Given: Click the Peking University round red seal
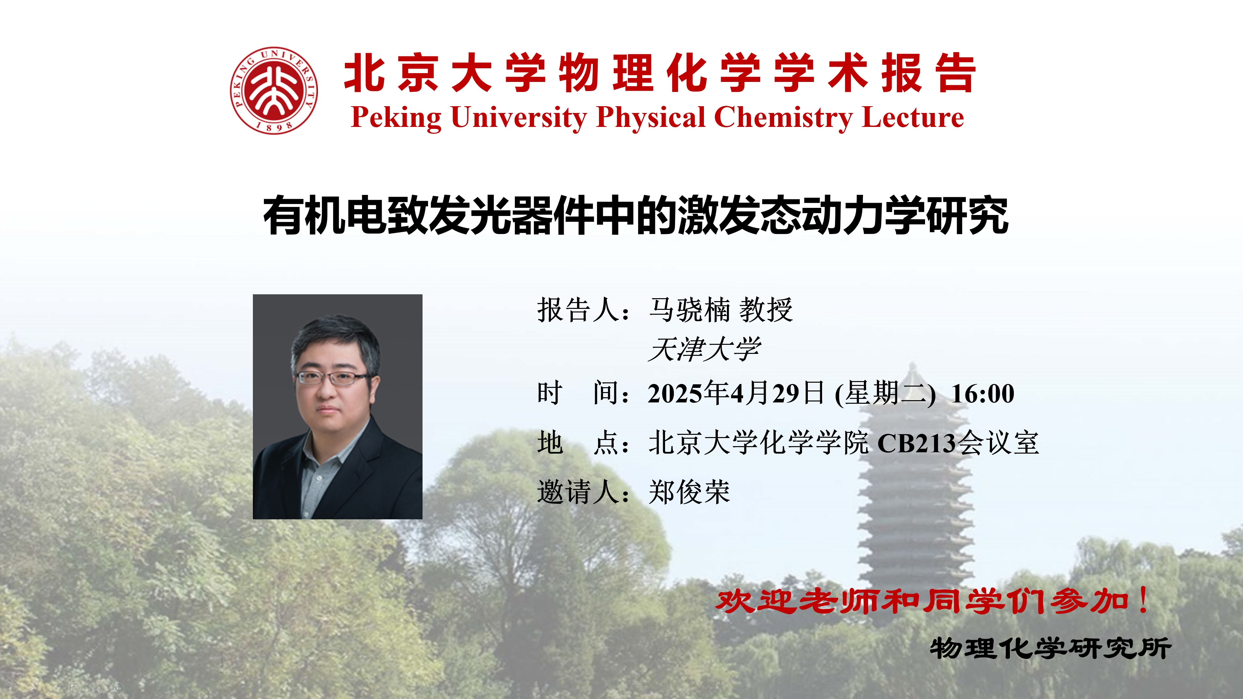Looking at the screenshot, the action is pos(274,90).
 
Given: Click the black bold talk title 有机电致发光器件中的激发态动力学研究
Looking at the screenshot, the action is pos(636,216).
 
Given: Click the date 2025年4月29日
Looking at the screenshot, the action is pos(736,393).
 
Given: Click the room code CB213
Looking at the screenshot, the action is pos(916,443).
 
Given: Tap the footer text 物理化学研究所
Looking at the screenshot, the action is pos(1050,648).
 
